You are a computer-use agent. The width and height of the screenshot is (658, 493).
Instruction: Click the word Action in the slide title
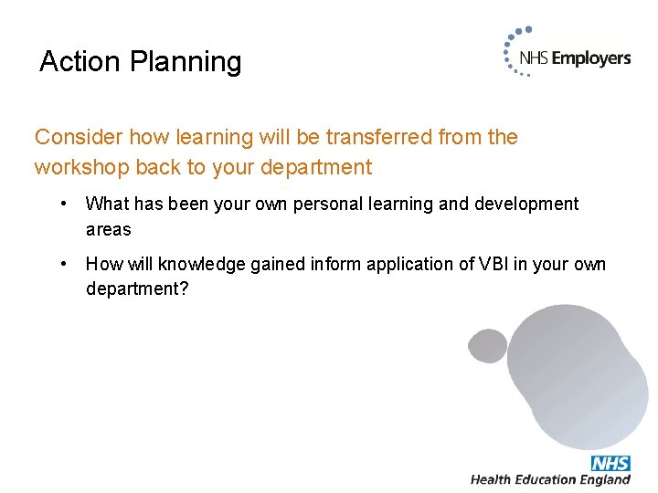coord(80,61)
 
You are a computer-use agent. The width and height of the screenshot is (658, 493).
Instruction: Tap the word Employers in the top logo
coord(590,58)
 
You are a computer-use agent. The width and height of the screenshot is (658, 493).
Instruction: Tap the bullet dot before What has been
coord(64,204)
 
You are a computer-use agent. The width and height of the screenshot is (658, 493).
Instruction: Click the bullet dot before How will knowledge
coord(64,264)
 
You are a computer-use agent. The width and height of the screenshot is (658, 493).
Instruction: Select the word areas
coord(109,230)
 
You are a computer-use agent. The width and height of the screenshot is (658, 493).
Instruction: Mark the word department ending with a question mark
coord(136,289)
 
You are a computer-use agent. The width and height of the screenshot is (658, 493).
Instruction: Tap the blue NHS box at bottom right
coord(610,463)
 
